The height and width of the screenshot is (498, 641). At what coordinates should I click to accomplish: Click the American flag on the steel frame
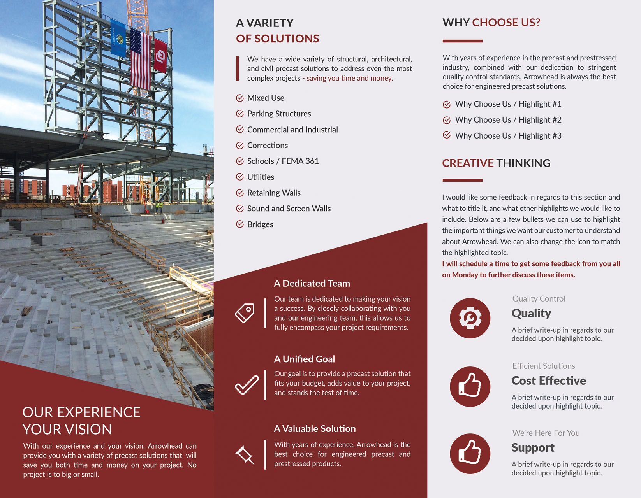pyautogui.click(x=141, y=59)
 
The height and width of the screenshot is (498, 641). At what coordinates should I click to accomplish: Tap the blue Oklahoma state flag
pyautogui.click(x=118, y=38)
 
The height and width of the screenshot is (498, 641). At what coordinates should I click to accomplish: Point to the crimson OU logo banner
pyautogui.click(x=160, y=55)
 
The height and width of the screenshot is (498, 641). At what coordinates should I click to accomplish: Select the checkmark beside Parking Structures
pyautogui.click(x=240, y=114)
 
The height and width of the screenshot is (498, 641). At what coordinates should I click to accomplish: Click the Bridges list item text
pyautogui.click(x=260, y=224)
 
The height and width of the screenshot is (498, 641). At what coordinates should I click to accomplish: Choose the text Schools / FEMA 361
pyautogui.click(x=283, y=161)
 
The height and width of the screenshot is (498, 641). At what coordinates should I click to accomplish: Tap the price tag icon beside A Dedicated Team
pyautogui.click(x=245, y=313)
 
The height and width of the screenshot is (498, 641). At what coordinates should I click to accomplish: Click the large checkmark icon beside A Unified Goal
pyautogui.click(x=247, y=385)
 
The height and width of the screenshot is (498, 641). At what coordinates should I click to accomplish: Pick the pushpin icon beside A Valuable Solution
pyautogui.click(x=245, y=455)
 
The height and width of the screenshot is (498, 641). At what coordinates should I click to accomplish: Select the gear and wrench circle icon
pyautogui.click(x=470, y=318)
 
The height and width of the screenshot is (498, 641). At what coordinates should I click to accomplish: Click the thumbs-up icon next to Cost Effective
pyautogui.click(x=470, y=387)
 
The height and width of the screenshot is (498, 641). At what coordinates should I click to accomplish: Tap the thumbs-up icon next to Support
pyautogui.click(x=470, y=454)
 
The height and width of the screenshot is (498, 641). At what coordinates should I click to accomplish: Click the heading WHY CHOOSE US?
pyautogui.click(x=491, y=23)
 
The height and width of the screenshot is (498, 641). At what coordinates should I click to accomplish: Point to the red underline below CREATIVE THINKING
pyautogui.click(x=462, y=180)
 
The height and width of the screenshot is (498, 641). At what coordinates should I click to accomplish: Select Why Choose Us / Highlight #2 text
pyautogui.click(x=508, y=120)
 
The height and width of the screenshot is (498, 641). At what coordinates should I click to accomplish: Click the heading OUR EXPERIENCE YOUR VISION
pyautogui.click(x=81, y=421)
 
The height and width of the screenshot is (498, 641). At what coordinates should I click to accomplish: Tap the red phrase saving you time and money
pyautogui.click(x=350, y=78)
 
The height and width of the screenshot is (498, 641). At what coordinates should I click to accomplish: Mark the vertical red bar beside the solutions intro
pyautogui.click(x=238, y=68)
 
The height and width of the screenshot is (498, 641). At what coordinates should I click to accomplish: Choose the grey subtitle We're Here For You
pyautogui.click(x=546, y=433)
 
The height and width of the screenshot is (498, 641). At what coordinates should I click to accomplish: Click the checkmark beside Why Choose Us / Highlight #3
pyautogui.click(x=447, y=135)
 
